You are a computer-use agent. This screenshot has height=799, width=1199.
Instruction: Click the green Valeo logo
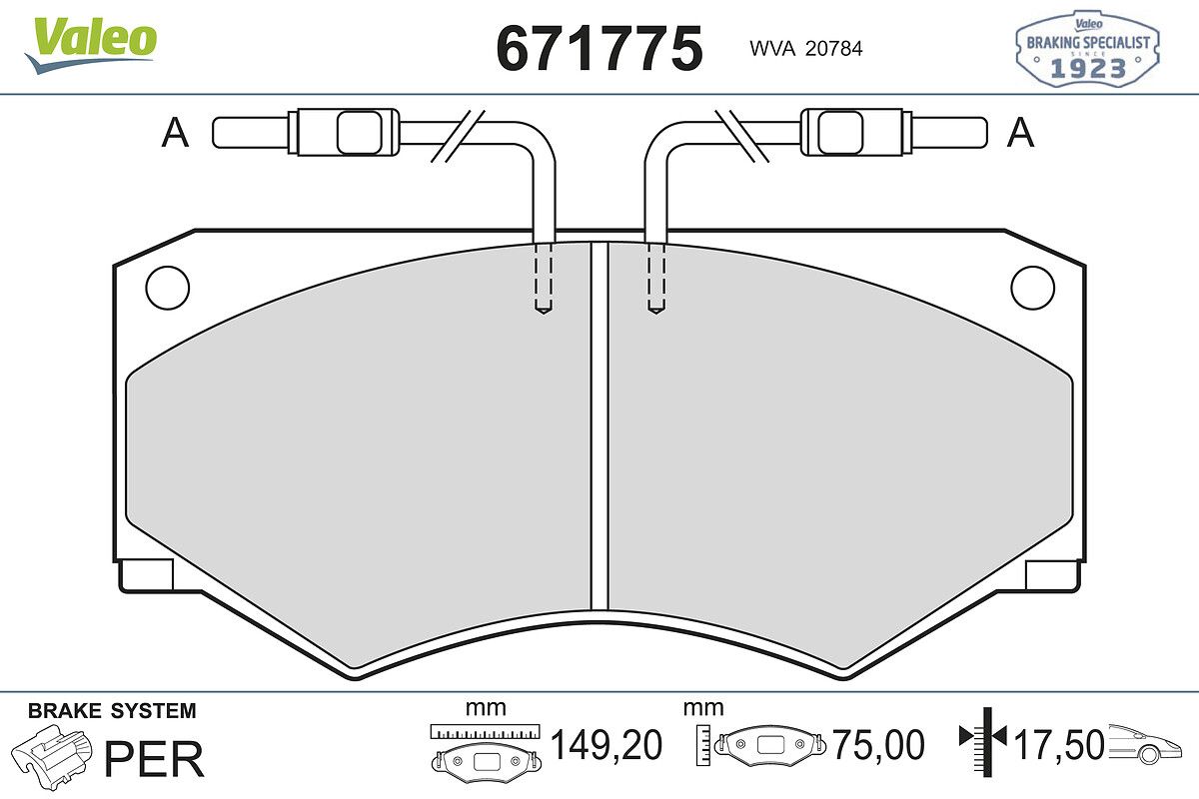(91, 44)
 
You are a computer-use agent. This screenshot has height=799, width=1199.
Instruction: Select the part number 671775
(599, 49)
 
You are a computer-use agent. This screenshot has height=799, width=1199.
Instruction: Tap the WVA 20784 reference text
(806, 49)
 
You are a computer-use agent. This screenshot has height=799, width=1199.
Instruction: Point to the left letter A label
(175, 132)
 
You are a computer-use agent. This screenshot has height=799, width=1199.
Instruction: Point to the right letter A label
(1020, 132)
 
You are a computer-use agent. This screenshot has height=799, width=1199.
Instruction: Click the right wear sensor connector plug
(893, 132)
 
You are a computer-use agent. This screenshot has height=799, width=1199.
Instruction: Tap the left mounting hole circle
(168, 288)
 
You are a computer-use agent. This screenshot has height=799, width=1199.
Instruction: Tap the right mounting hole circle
(1032, 288)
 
